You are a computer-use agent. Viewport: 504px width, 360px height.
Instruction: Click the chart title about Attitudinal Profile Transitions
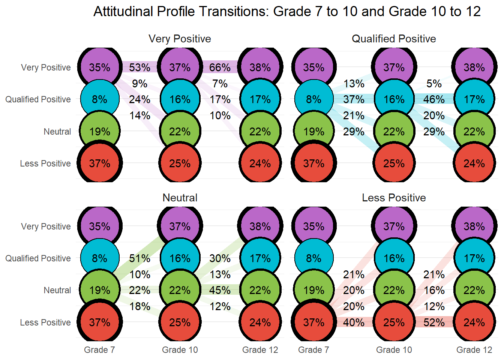click(x=287, y=12)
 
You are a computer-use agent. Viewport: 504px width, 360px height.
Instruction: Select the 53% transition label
click(x=139, y=67)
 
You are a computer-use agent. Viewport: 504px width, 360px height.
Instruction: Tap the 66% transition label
click(x=220, y=67)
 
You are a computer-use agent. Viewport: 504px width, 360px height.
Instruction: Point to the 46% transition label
click(x=434, y=99)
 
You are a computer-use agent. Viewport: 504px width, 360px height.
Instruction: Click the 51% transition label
click(x=139, y=258)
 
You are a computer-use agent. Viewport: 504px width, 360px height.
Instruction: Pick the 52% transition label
click(x=434, y=322)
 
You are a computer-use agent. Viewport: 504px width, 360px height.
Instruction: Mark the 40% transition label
click(x=354, y=322)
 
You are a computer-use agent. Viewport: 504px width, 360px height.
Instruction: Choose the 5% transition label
click(x=434, y=84)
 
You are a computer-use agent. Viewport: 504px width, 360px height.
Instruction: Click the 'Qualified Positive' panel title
click(x=394, y=39)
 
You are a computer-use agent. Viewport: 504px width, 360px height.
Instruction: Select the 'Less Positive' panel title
click(x=394, y=198)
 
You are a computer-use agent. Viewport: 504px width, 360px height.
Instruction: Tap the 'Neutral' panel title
click(x=180, y=198)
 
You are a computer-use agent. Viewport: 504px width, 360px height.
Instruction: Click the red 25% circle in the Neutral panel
click(x=180, y=322)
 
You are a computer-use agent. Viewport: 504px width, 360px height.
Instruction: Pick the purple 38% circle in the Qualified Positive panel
click(x=474, y=67)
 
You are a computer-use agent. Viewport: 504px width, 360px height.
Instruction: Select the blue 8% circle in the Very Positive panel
click(x=100, y=99)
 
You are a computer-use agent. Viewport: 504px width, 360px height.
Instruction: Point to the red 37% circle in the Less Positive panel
click(x=314, y=322)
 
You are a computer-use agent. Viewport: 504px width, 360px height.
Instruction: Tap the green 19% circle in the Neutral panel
click(x=100, y=290)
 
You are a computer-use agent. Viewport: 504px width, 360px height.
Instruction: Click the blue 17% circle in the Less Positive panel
click(x=474, y=258)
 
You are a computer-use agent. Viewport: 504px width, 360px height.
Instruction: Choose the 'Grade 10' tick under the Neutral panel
click(x=180, y=350)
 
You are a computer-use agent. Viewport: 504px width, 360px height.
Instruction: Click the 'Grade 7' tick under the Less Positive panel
click(x=314, y=350)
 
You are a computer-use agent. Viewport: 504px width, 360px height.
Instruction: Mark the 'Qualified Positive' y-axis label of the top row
click(x=38, y=99)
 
